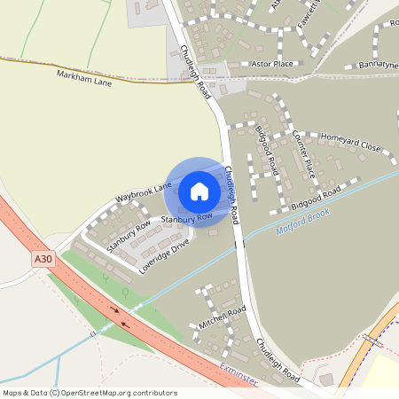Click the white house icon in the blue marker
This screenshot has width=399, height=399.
pyautogui.click(x=199, y=191)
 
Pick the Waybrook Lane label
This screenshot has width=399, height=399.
pyautogui.click(x=143, y=192)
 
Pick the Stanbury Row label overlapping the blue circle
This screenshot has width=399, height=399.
pyautogui.click(x=186, y=216)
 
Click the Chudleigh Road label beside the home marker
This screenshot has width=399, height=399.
pyautogui.click(x=232, y=195)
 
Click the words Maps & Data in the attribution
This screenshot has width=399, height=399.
pyautogui.click(x=24, y=392)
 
